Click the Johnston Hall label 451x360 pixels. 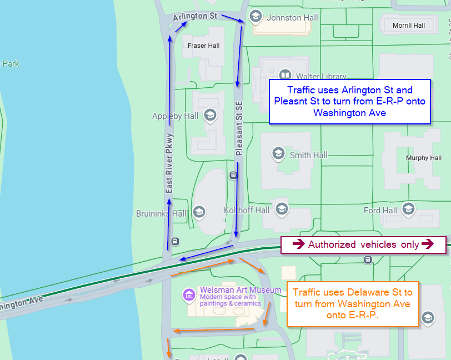(292, 18)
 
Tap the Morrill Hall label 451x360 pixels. (408, 26)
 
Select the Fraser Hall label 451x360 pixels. (204, 46)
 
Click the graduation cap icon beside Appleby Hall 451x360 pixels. (210, 116)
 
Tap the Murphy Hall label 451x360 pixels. (424, 158)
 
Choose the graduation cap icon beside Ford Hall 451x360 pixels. (408, 209)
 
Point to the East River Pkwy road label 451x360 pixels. (170, 163)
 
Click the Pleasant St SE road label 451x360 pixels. (239, 127)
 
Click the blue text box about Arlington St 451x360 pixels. (349, 101)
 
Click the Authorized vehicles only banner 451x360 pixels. (363, 244)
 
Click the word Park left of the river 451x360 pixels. (11, 64)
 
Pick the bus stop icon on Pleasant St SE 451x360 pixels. (233, 176)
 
